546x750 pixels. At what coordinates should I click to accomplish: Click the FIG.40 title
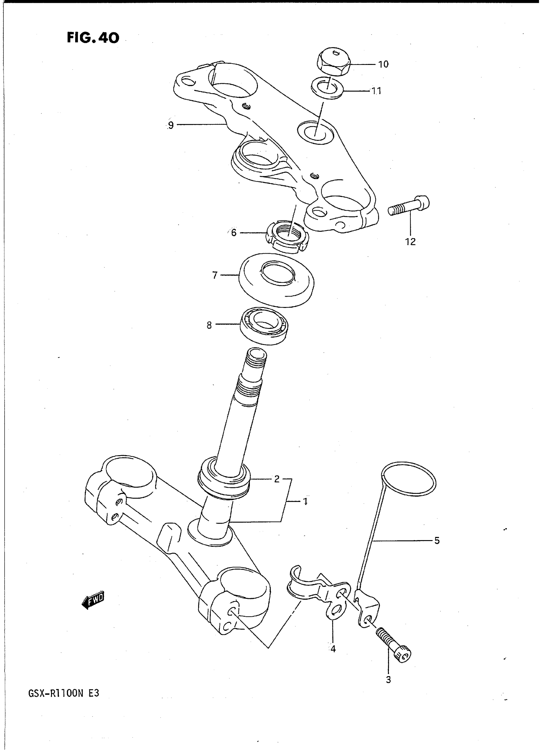93,38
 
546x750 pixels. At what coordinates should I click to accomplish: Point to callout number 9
171,125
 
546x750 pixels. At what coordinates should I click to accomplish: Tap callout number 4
333,649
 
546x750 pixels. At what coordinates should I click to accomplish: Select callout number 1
305,502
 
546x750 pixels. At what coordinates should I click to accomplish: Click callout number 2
277,479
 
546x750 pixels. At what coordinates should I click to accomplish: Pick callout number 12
410,242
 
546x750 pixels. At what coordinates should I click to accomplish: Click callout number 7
215,275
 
